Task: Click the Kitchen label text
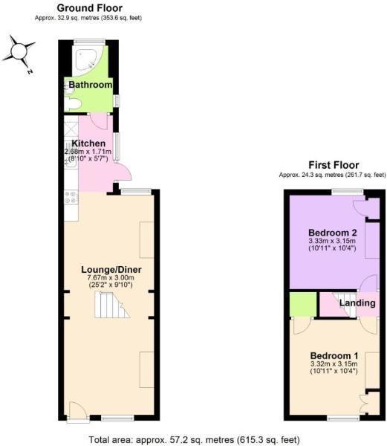(x=88, y=143)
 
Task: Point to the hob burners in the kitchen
(x=72, y=198)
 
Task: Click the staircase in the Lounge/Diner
(x=110, y=304)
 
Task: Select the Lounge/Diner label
(x=111, y=268)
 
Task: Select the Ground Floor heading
(x=90, y=8)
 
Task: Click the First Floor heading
(x=333, y=165)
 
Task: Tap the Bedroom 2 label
(x=333, y=232)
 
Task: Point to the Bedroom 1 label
(x=334, y=355)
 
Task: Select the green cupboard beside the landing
(x=302, y=304)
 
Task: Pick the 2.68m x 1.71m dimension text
(x=88, y=151)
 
